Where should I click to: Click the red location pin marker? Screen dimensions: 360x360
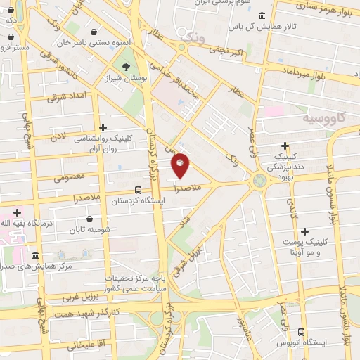click(x=181, y=165)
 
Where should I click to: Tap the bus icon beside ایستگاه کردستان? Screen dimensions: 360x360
click(x=138, y=189)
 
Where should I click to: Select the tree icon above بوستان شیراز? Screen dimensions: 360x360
click(x=126, y=67)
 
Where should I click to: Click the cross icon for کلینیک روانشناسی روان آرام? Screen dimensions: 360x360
click(x=103, y=127)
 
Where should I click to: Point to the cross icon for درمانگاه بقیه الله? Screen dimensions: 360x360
click(x=17, y=212)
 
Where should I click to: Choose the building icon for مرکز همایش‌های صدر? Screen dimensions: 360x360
click(x=35, y=255)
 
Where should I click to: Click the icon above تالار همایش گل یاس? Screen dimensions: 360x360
click(x=262, y=15)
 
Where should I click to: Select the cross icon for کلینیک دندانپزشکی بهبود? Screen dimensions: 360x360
click(x=285, y=146)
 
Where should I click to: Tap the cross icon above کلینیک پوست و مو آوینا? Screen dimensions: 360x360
click(x=304, y=231)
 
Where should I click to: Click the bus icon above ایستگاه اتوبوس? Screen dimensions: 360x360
click(x=301, y=332)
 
